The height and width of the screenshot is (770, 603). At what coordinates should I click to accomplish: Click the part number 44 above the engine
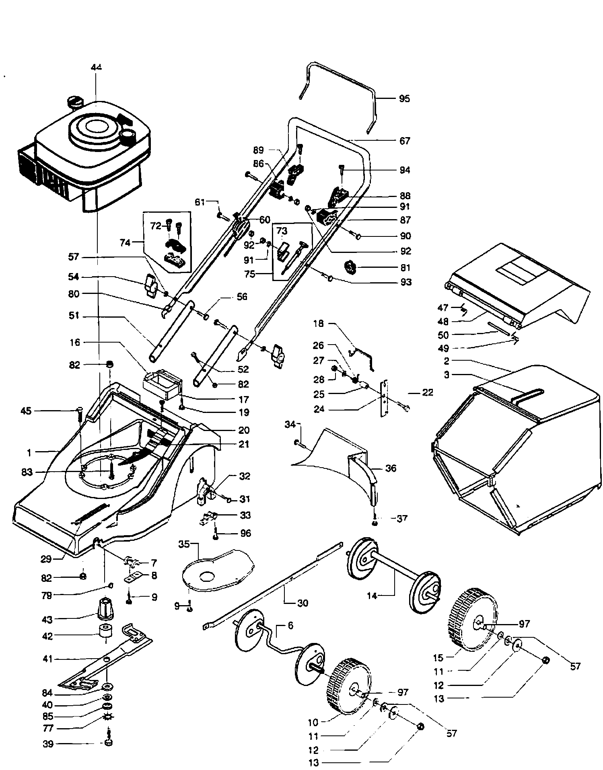97,67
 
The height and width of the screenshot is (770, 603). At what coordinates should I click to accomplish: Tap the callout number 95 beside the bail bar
404,99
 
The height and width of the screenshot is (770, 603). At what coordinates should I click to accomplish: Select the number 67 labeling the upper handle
405,141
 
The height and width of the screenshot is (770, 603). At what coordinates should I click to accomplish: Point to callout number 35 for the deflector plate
184,545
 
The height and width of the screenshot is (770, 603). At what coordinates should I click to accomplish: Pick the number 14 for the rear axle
372,596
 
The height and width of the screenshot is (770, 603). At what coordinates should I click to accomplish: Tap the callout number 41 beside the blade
47,659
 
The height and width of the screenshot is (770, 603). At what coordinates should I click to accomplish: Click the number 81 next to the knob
405,268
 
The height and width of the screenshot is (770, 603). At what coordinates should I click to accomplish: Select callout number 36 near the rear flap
391,468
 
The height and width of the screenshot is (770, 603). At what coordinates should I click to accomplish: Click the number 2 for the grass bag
447,361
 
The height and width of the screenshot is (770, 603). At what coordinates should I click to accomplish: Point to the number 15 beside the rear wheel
438,658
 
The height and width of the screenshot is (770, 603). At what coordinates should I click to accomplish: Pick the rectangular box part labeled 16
162,384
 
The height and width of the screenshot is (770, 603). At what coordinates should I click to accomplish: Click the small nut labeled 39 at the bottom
107,743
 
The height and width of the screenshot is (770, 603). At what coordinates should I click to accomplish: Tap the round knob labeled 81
350,267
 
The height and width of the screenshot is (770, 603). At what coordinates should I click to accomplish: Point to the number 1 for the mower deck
29,453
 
